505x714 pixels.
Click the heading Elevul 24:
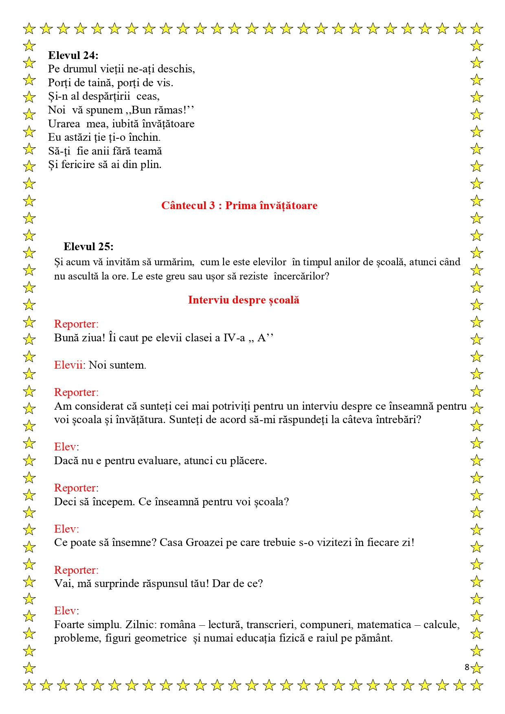tap(73, 55)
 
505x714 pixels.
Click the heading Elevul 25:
tap(88, 247)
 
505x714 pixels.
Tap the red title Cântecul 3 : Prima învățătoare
tap(239, 205)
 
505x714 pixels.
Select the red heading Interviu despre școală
tap(244, 300)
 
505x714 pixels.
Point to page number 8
tap(467, 667)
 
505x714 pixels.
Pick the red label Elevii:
tap(70, 365)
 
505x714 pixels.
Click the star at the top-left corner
tap(29, 28)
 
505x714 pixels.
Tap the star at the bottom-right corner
tap(476, 685)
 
